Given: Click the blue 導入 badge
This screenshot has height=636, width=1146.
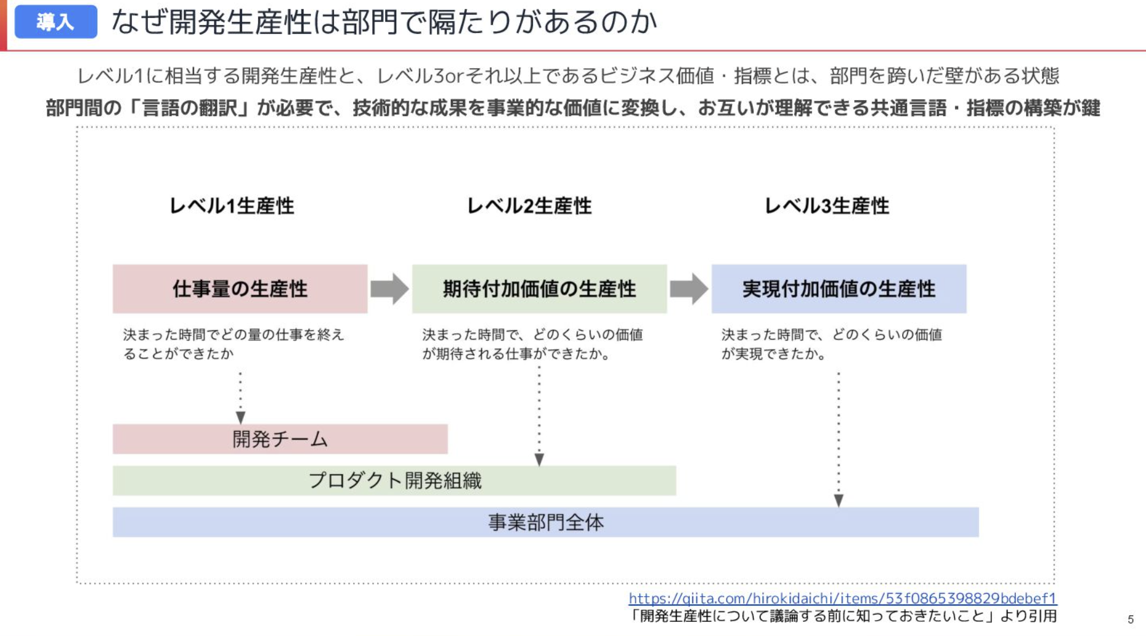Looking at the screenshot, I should [55, 22].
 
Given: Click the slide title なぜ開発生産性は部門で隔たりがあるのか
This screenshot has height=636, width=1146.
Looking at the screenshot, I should [384, 22].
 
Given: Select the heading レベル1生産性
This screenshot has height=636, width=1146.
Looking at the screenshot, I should [232, 206].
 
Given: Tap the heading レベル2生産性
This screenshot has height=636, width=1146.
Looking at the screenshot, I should [529, 206].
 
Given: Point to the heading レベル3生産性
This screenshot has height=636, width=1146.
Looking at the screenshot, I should [827, 206].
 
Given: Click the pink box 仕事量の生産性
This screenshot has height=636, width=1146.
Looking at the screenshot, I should [240, 289].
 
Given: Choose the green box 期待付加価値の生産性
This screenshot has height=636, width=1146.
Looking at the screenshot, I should [539, 289].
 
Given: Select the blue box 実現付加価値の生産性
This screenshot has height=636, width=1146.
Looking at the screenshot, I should [839, 289].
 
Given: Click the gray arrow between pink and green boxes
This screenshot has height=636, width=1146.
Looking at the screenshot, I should [389, 289].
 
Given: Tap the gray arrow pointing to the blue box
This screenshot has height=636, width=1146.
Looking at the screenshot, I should [689, 289].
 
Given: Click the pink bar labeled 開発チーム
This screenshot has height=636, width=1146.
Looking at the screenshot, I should [280, 439].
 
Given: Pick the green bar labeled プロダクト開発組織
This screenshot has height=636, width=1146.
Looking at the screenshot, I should [394, 481].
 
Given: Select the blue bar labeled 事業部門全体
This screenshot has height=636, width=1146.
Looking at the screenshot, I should [545, 522].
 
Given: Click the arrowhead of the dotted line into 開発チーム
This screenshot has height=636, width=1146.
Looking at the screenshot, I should [240, 418].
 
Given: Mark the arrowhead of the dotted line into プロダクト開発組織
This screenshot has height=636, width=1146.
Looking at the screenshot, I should [539, 460].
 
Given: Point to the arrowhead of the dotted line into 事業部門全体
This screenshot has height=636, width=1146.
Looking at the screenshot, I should [838, 501].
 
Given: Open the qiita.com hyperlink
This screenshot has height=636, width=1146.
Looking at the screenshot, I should [842, 598].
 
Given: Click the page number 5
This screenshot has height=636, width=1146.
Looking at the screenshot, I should [1131, 619].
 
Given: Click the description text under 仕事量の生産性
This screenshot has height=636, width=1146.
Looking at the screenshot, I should [233, 344].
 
